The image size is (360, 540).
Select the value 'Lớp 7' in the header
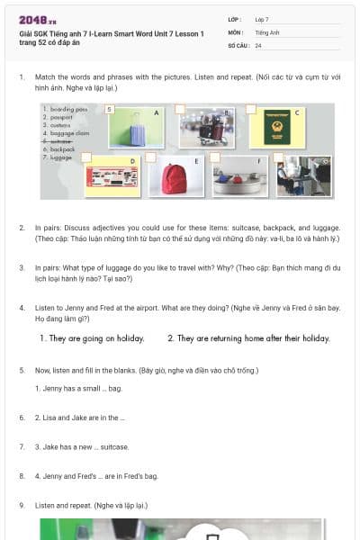coord(262,19)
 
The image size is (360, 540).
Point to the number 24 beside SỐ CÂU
coord(258,45)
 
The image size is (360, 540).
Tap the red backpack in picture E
coord(174,177)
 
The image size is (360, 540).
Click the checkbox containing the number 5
coord(109,109)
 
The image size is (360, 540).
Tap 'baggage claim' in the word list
coord(66,133)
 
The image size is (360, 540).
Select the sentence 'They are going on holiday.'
coord(92,338)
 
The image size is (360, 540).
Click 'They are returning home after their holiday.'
coord(248,338)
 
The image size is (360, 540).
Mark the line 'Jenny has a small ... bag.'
coord(77,388)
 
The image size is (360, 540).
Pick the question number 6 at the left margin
coord(22,418)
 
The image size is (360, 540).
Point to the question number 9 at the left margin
coord(22,505)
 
